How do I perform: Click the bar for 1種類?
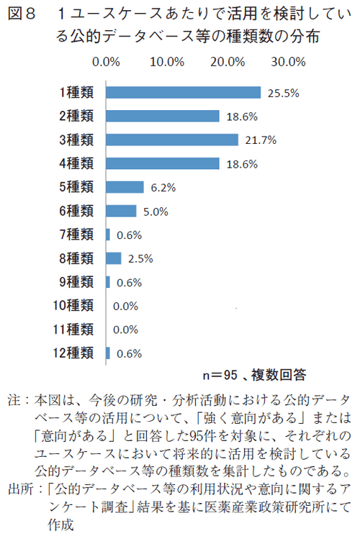[x=183, y=92]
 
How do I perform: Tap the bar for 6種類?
[x=121, y=211]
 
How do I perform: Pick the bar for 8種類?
[x=114, y=258]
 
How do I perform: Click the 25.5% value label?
[x=283, y=93]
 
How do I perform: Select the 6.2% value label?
[x=164, y=188]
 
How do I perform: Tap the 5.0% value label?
[x=157, y=212]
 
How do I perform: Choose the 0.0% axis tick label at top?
[x=106, y=62]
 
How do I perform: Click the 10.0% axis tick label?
[x=167, y=62]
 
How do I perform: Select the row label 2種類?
[x=76, y=116]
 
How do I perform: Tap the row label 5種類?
[x=76, y=187]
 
